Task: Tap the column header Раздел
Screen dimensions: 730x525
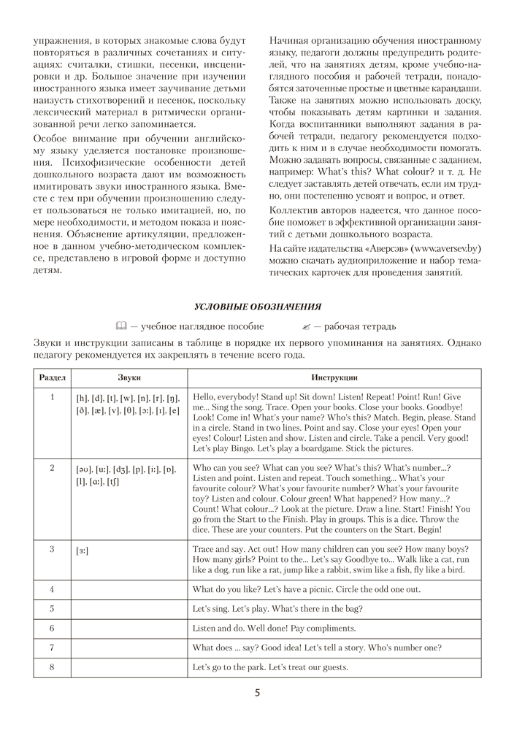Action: pos(52,377)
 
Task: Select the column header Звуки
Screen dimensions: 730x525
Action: pos(129,377)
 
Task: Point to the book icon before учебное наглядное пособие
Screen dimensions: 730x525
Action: pos(120,326)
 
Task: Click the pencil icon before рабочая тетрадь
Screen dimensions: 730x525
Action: pos(306,326)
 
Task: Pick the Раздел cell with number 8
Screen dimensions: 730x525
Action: pos(52,667)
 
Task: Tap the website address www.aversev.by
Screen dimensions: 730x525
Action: pos(445,248)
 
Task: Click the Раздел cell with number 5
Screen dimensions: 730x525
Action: pos(52,609)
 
